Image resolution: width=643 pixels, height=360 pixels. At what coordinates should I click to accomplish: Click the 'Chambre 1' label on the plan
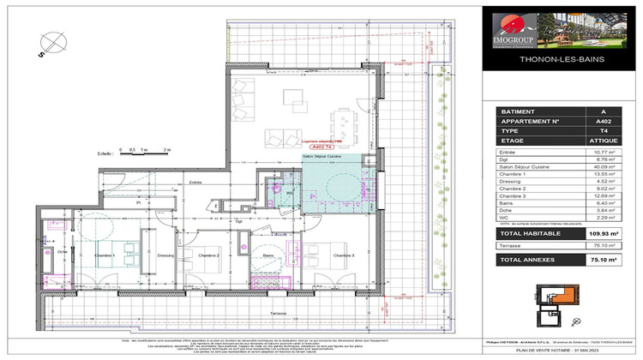pos(105,256)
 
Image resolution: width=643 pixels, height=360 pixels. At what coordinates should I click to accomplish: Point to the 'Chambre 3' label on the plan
pos(344,256)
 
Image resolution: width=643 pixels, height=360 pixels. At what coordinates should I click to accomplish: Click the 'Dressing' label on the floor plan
pos(166,256)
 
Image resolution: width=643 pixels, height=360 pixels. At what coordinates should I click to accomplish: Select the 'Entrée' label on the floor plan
pos(195,183)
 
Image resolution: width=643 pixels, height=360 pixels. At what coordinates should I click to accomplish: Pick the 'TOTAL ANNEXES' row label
pos(529,258)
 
